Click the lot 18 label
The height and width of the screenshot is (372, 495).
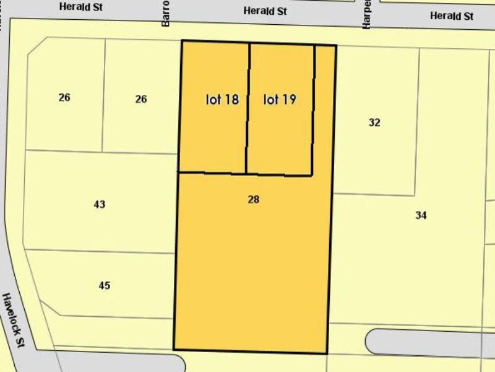click(222, 99)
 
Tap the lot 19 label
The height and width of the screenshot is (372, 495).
click(280, 99)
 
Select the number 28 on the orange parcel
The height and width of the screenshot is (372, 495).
click(253, 200)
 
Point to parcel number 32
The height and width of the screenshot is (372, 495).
click(374, 122)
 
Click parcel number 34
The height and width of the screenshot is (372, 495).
click(421, 215)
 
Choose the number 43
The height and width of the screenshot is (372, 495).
click(100, 204)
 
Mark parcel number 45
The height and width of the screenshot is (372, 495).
click(105, 285)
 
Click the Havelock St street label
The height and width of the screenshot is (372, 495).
click(12, 320)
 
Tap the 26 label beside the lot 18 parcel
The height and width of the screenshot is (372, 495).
click(141, 99)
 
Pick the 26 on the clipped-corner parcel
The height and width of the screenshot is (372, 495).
click(64, 97)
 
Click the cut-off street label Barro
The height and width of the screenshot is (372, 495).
click(165, 12)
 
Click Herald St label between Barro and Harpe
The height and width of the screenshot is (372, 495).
click(265, 11)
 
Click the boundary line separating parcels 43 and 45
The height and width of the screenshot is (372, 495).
click(99, 251)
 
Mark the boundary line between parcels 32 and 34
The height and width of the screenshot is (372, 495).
click(374, 195)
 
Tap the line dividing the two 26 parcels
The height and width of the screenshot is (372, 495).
click(103, 96)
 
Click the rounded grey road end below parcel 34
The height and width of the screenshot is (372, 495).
click(377, 342)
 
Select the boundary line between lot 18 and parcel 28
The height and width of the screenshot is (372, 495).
click(212, 172)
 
